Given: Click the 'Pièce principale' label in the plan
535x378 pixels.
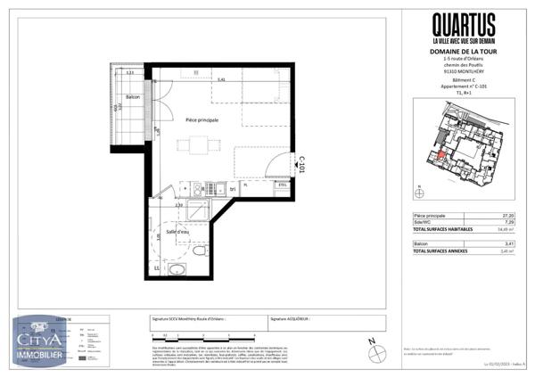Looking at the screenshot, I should pos(202,119).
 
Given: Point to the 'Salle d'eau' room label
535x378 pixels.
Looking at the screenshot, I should pos(177,232).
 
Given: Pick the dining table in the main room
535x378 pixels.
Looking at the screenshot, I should pos(195,146).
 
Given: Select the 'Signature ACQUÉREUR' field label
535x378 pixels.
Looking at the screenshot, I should pos(291,316).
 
